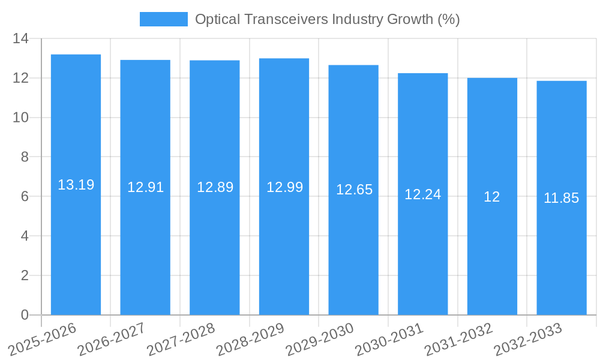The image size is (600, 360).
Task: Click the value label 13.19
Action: tap(76, 185)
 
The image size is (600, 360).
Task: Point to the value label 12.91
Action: tap(145, 187)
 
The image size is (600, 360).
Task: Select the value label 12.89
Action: tap(215, 187)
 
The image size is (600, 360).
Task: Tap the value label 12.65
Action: tap(354, 190)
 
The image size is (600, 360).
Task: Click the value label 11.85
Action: tap(561, 198)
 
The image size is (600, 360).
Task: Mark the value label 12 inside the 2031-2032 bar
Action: tap(491, 197)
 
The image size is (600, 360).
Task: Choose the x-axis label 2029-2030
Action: tap(319, 339)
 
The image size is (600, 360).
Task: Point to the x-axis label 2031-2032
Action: tap(458, 339)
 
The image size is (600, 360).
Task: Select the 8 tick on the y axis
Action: tap(24, 157)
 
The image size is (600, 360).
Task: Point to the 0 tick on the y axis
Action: tap(24, 315)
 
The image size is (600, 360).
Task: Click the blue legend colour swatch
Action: tap(163, 19)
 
